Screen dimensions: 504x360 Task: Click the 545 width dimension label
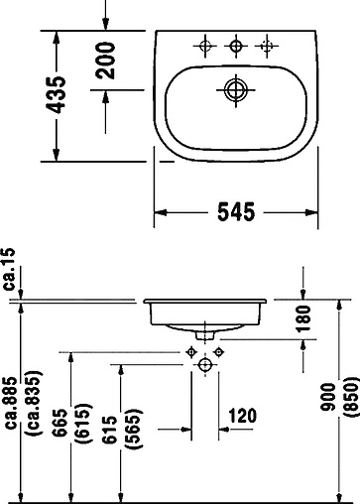click(x=237, y=211)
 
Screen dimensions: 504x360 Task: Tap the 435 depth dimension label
click(x=60, y=94)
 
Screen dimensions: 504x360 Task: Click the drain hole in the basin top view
click(x=236, y=89)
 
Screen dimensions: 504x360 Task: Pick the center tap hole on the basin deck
click(x=236, y=45)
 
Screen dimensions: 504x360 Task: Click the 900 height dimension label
click(x=316, y=401)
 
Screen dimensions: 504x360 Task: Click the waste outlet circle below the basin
click(x=205, y=366)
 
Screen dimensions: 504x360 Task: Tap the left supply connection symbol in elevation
click(x=190, y=352)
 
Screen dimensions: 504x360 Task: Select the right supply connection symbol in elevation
click(x=220, y=352)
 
